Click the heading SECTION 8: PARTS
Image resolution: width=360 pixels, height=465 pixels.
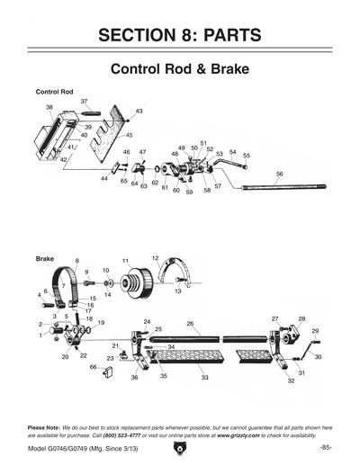pyautogui.click(x=180, y=35)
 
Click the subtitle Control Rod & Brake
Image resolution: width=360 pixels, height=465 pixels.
pyautogui.click(x=180, y=69)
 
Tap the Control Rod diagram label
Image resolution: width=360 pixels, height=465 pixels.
pyautogui.click(x=53, y=92)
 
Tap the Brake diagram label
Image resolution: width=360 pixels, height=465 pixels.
pyautogui.click(x=44, y=258)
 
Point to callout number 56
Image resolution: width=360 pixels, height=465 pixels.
pyautogui.click(x=280, y=174)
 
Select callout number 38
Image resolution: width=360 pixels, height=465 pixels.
pyautogui.click(x=49, y=107)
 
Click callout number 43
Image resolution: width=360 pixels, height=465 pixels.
pyautogui.click(x=139, y=112)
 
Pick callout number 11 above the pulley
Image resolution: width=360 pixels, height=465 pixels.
pyautogui.click(x=126, y=261)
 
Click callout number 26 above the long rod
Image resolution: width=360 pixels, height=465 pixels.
pyautogui.click(x=190, y=323)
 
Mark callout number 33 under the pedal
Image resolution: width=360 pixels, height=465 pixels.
pyautogui.click(x=205, y=378)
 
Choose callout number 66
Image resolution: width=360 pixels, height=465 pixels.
pyautogui.click(x=93, y=367)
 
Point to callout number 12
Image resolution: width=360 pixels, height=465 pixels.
pyautogui.click(x=155, y=258)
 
